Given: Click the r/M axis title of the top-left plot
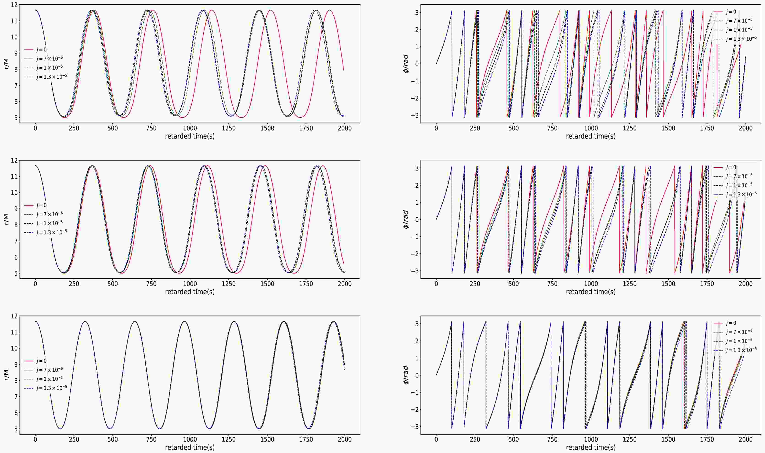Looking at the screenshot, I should (x=6, y=63).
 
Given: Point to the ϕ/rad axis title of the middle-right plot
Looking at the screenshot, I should (x=406, y=219).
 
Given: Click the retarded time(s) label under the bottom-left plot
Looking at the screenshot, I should (x=190, y=447).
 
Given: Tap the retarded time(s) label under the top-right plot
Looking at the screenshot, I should (x=591, y=136).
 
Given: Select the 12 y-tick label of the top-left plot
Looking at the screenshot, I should (x=14, y=5).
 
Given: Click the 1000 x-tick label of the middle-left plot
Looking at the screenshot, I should (x=190, y=284).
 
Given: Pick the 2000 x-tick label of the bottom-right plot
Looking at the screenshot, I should (x=746, y=439).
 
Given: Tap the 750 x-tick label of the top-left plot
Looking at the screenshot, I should (x=151, y=128).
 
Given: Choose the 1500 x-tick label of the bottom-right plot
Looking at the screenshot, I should (x=668, y=439).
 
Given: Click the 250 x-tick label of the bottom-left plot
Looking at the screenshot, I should (x=74, y=439).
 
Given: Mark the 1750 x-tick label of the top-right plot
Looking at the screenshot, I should (x=707, y=128).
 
